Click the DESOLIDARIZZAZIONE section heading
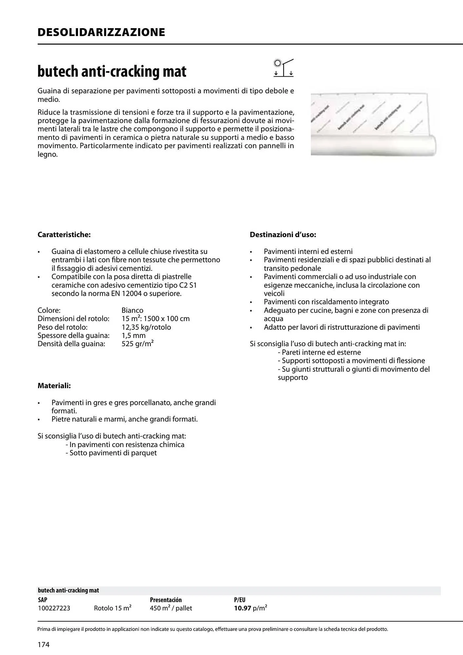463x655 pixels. click(x=101, y=32)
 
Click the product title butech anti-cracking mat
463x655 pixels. click(x=112, y=71)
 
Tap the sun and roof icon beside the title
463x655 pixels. click(x=283, y=68)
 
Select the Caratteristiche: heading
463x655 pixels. click(x=64, y=235)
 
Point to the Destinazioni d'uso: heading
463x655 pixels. click(x=283, y=235)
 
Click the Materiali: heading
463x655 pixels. click(x=54, y=386)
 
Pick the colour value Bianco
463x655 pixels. click(x=132, y=310)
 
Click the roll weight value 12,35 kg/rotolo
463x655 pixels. click(x=146, y=327)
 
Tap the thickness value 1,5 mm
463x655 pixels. click(x=133, y=335)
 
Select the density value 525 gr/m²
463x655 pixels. click(x=138, y=344)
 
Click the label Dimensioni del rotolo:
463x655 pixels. click(x=73, y=319)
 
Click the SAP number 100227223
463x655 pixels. click(x=54, y=608)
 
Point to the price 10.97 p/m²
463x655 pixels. click(x=250, y=608)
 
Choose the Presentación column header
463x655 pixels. click(x=165, y=600)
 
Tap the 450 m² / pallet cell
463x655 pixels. click(x=171, y=608)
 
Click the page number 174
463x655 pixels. click(x=43, y=645)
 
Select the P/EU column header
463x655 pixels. click(x=239, y=600)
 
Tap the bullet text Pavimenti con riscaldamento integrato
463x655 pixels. click(x=326, y=302)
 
